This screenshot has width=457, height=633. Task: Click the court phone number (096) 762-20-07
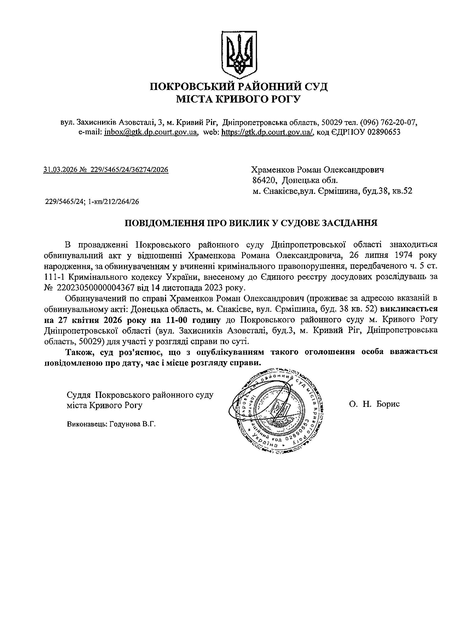[389, 122]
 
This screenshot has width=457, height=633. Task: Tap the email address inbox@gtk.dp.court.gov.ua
[151, 132]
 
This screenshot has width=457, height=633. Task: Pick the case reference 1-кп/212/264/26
[113, 202]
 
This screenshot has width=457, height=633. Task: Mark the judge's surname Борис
[388, 404]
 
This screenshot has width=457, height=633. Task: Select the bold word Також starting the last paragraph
[77, 352]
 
